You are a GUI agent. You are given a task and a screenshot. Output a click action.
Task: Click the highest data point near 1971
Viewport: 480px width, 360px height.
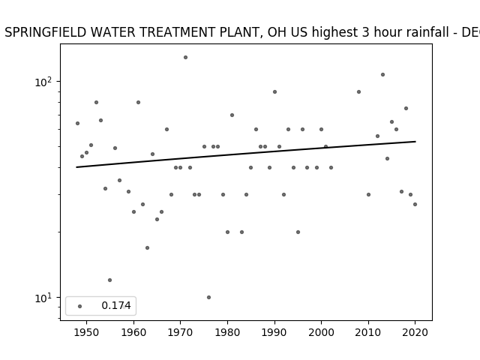coord(185,57)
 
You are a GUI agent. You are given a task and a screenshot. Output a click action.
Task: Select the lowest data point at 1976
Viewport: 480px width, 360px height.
coord(208,297)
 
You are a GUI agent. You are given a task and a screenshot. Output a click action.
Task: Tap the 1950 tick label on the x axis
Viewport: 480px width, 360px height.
coord(87,332)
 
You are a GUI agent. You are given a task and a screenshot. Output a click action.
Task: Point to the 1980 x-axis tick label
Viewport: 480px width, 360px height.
coord(227,332)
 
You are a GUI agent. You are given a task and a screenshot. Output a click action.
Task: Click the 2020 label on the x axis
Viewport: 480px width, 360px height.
coord(415,332)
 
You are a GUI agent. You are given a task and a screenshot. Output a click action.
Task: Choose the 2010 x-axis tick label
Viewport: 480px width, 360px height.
coord(368,332)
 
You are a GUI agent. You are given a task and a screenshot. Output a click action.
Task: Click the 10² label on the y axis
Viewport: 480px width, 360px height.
coord(43,82)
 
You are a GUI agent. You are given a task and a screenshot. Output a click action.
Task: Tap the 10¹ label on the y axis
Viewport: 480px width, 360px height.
coord(43,298)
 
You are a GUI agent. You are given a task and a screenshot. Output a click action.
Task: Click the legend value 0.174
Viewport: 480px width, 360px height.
coord(116,305)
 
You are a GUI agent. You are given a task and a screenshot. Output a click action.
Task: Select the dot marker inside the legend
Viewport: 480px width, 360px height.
coord(80,306)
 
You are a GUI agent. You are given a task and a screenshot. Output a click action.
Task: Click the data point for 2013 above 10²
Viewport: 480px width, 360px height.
coord(382,75)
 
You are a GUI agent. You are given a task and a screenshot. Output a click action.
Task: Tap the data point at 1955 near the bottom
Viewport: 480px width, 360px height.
coord(110,280)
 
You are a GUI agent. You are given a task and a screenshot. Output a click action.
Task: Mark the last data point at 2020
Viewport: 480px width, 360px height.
coord(415,204)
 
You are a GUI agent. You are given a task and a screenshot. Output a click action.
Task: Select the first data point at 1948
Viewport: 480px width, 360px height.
coord(77,123)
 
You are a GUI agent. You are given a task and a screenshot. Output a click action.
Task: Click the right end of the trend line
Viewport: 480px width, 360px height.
coord(415,142)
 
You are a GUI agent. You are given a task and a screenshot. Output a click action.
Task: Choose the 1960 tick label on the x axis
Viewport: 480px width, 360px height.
coord(133,332)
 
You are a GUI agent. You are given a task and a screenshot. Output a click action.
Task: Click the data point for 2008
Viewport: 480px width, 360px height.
coord(358,91)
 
